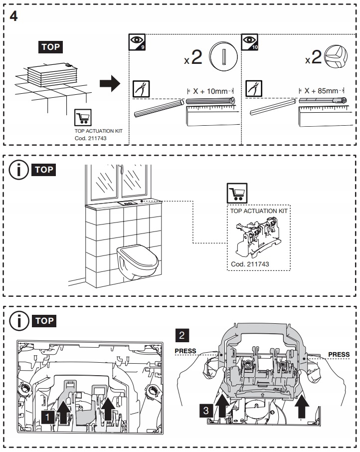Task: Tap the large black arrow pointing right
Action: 110,83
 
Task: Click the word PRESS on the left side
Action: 185,351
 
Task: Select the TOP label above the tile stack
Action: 50,48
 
